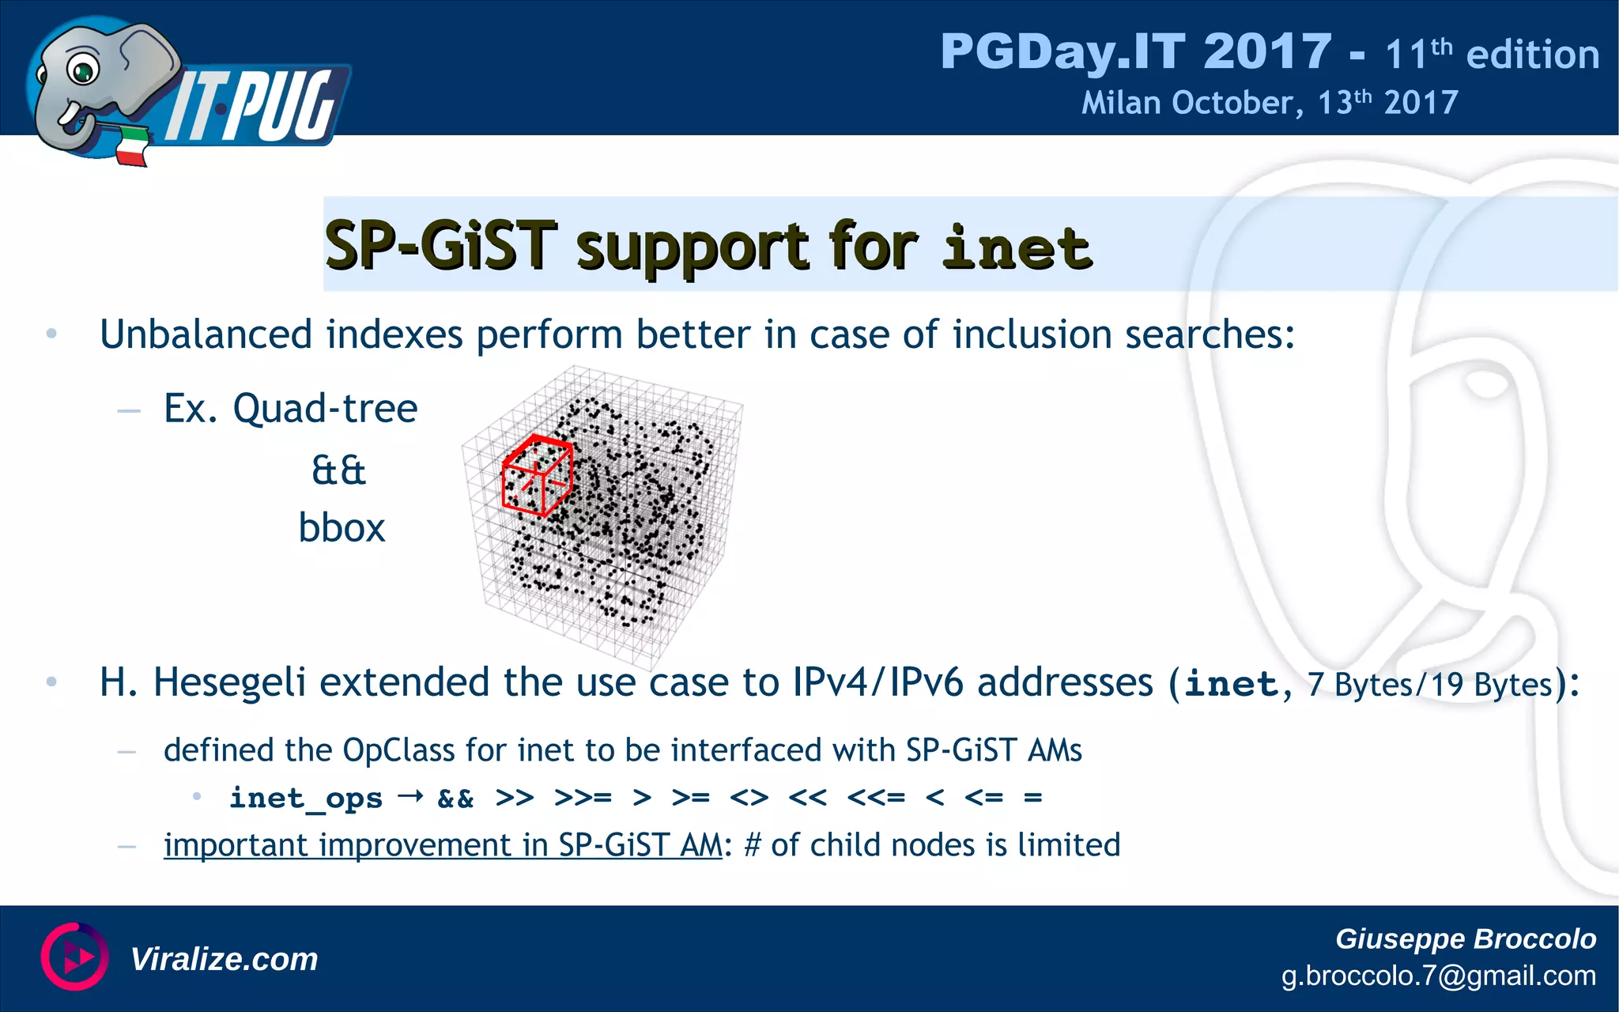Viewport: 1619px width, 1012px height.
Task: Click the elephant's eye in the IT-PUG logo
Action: tap(81, 71)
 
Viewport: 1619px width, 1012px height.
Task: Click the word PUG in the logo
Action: tap(285, 107)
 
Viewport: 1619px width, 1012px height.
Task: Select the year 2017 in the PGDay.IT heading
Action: tap(1267, 52)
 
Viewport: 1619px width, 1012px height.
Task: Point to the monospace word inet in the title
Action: tap(1017, 247)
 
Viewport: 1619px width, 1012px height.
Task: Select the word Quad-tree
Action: tap(325, 409)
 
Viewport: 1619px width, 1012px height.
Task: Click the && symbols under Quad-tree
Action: tap(339, 471)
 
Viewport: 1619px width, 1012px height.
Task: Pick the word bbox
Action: tap(342, 528)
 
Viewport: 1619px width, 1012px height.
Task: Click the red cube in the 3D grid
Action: tap(537, 475)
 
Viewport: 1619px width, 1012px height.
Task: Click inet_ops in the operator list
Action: tap(306, 798)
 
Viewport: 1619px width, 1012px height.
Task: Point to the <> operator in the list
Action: tap(749, 798)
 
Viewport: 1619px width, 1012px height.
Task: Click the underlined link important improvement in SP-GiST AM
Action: tap(443, 845)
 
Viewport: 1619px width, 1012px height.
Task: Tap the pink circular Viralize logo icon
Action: tap(74, 957)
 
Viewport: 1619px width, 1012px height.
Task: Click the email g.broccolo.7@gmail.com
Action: tap(1438, 976)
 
